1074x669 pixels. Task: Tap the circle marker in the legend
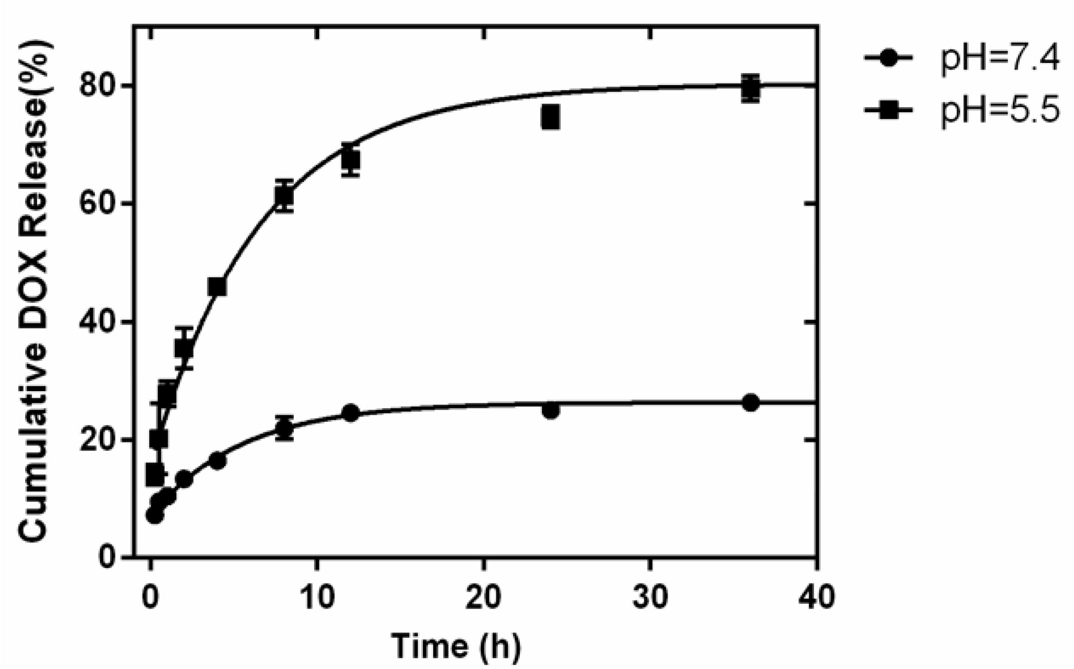tap(889, 58)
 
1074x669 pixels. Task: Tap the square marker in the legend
tap(889, 110)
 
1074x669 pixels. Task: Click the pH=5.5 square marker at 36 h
tap(751, 88)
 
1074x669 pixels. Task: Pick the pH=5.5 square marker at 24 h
tap(550, 117)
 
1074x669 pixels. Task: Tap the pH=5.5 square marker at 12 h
tap(350, 160)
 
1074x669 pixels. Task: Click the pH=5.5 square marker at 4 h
tap(217, 287)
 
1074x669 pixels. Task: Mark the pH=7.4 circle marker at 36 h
tap(751, 403)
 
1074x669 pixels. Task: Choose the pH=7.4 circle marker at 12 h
tap(351, 413)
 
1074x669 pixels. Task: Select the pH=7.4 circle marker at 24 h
tap(550, 411)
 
